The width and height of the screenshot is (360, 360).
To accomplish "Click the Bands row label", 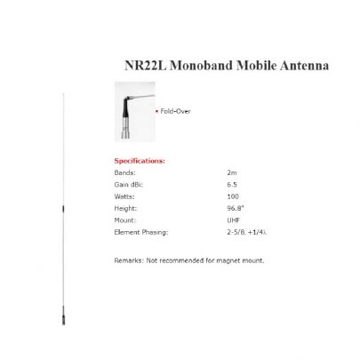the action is [125, 171].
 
